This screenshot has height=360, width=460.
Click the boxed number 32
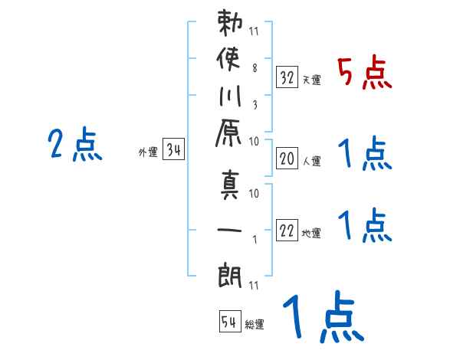[287, 77]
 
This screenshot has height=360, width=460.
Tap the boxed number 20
[287, 159]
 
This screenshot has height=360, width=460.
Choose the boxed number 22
[287, 231]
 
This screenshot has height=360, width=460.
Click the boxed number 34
[173, 150]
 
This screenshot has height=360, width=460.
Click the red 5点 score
[364, 75]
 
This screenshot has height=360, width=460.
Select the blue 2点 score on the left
[74, 145]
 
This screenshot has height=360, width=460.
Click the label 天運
[312, 80]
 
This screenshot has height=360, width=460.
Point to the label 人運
[312, 161]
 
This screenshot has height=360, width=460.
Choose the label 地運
[312, 234]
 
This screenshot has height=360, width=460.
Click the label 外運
[148, 152]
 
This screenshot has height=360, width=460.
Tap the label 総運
[255, 325]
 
